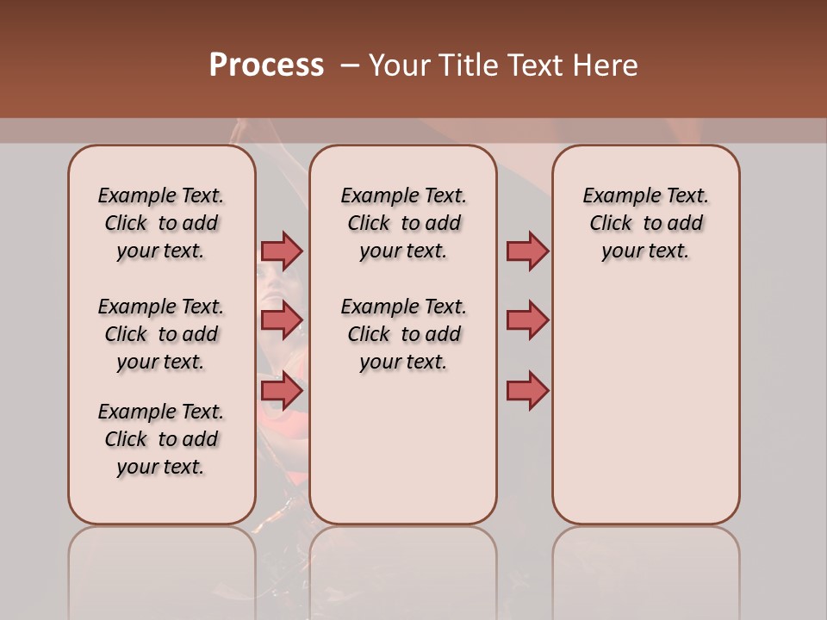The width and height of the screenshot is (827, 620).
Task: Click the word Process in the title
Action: pyautogui.click(x=266, y=65)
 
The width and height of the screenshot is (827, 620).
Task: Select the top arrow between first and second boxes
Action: pyautogui.click(x=282, y=251)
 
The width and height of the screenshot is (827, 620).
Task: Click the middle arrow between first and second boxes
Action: pyautogui.click(x=282, y=320)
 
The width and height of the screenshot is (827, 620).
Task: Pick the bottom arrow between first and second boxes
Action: pyautogui.click(x=282, y=391)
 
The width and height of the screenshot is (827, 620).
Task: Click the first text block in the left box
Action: pyautogui.click(x=161, y=223)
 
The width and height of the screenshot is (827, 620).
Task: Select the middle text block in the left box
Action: pyautogui.click(x=161, y=334)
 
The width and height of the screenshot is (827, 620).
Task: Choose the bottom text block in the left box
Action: pyautogui.click(x=161, y=439)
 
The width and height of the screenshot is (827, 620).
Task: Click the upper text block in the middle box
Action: pyautogui.click(x=403, y=223)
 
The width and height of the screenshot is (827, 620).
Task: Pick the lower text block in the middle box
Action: pyautogui.click(x=403, y=334)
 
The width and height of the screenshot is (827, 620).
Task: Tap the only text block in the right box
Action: pyautogui.click(x=645, y=223)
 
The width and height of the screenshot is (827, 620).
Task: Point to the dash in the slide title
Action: pyautogui.click(x=349, y=65)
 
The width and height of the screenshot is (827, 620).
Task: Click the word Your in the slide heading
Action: pyautogui.click(x=399, y=65)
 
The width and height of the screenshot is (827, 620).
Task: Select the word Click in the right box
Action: pyautogui.click(x=611, y=224)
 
